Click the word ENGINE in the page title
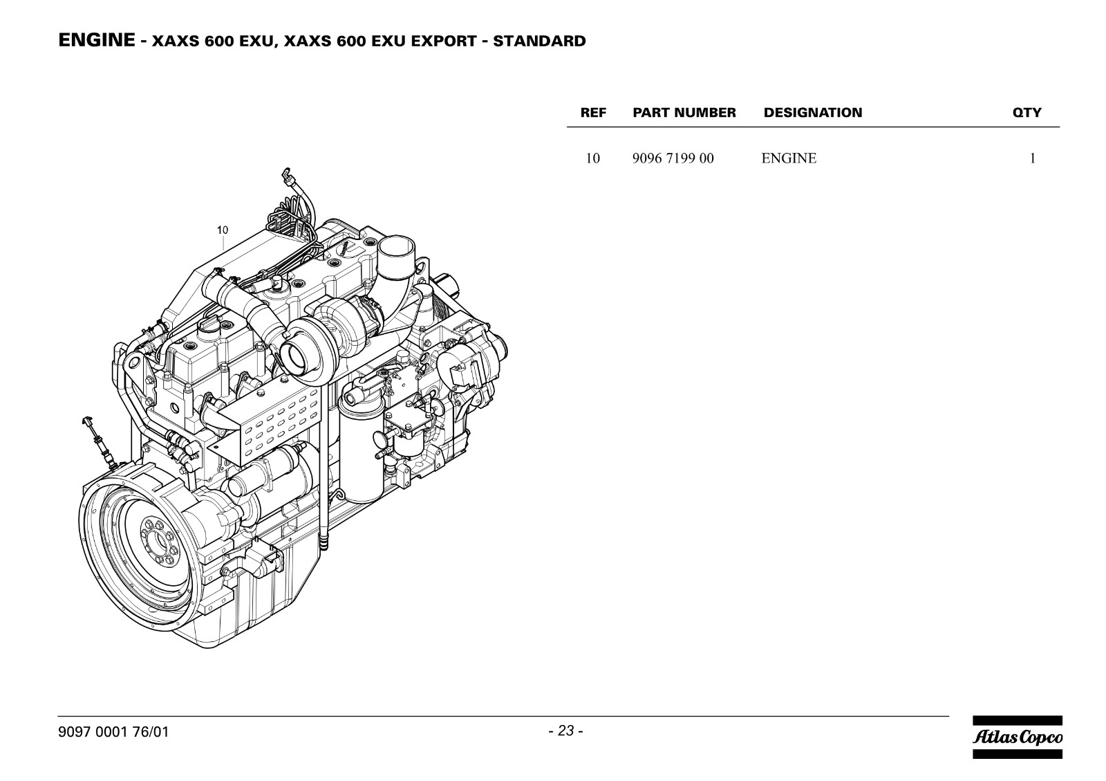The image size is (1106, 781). (97, 40)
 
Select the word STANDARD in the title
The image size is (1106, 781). (539, 41)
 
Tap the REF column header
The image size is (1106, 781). (593, 113)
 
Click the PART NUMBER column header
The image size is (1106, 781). (684, 113)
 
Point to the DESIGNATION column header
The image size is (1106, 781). (813, 113)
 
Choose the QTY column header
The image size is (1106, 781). (1027, 113)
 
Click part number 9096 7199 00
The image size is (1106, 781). (673, 158)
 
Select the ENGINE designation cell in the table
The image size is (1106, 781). (789, 158)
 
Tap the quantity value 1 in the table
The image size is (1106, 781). (1033, 158)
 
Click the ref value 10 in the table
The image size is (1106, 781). (592, 158)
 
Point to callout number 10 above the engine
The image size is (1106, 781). (223, 230)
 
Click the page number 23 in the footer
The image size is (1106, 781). (566, 731)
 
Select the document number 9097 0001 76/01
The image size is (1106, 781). (113, 732)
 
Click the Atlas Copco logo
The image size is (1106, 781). (1018, 737)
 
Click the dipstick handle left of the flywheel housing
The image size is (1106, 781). (88, 421)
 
